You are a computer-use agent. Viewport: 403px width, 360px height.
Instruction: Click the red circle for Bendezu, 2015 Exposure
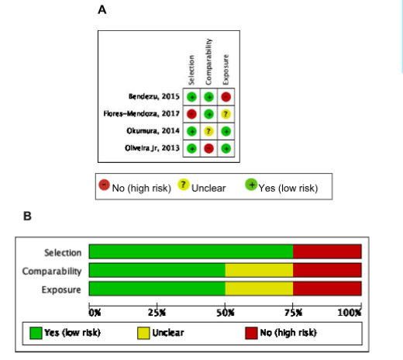click(226, 97)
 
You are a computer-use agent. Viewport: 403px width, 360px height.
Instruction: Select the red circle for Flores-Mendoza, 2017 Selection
click(191, 114)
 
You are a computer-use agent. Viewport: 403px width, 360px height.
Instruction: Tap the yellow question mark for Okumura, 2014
click(208, 131)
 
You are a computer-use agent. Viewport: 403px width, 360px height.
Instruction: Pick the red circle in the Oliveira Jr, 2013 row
click(208, 149)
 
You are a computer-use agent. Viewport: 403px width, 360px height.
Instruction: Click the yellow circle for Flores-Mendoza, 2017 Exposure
click(226, 114)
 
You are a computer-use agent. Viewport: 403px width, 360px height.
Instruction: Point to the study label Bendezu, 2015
click(154, 97)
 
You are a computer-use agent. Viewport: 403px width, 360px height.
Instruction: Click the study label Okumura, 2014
click(153, 131)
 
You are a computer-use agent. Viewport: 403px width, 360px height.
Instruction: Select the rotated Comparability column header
click(208, 62)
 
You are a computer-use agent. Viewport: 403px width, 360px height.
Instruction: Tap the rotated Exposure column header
click(226, 70)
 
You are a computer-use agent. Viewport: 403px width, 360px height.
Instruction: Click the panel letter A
click(102, 10)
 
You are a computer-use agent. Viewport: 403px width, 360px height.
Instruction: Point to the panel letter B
click(27, 216)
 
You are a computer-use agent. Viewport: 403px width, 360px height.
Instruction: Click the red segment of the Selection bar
click(327, 251)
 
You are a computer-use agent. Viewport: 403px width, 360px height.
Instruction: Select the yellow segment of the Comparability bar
click(259, 270)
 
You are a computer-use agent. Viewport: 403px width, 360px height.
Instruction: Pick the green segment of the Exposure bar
click(157, 289)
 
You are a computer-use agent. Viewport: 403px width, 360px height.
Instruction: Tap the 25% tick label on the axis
click(157, 313)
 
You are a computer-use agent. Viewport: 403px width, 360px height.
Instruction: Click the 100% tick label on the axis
click(350, 313)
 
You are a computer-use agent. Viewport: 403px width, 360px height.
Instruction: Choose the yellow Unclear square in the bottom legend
click(143, 333)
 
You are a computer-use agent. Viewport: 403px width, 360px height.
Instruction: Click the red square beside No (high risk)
click(251, 333)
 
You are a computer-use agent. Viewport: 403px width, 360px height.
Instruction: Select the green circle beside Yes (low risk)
click(251, 185)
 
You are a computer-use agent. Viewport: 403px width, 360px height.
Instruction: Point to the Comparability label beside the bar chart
click(52, 271)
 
